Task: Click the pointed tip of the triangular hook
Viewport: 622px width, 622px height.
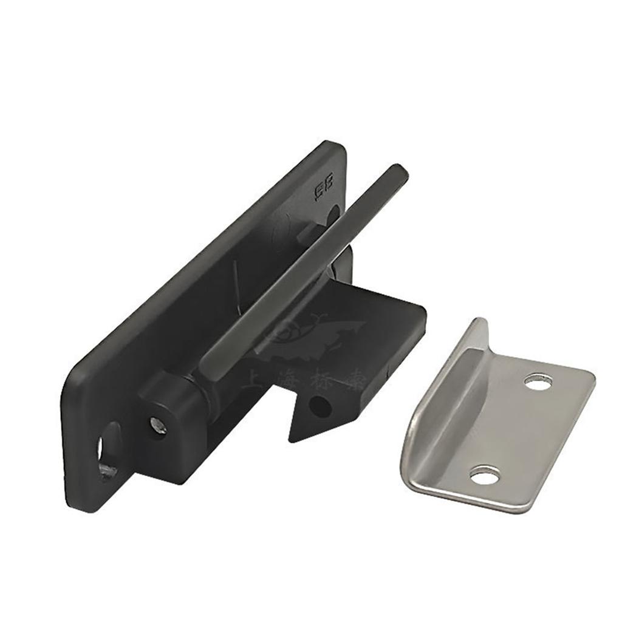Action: [x=292, y=439]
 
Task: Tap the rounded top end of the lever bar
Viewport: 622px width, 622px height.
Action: [x=398, y=171]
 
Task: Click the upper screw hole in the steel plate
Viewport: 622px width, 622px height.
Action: [x=538, y=382]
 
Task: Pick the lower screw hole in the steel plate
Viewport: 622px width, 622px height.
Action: [x=484, y=475]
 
